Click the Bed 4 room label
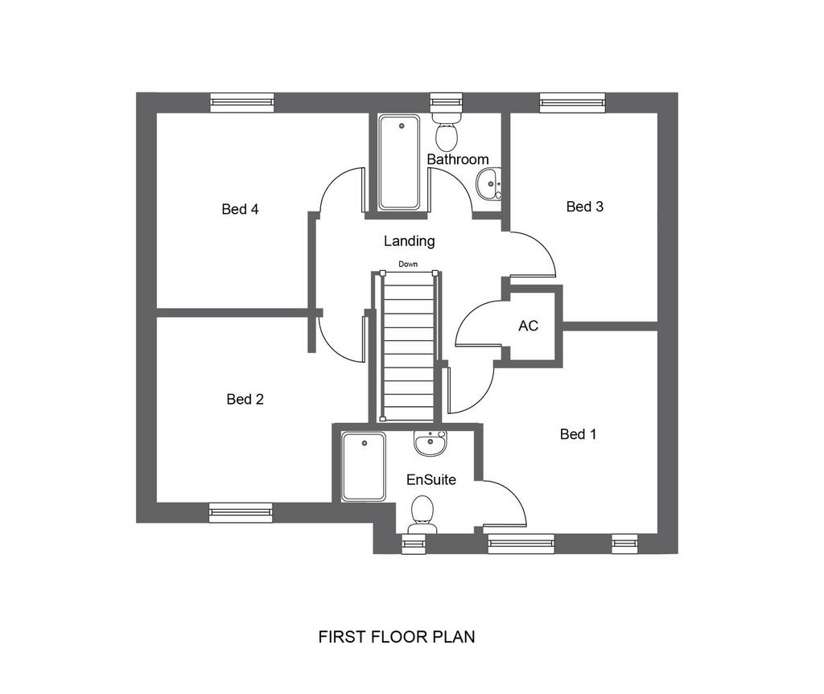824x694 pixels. coord(240,209)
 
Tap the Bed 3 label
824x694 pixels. coord(585,207)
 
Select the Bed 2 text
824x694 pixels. coord(245,400)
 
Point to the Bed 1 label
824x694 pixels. coord(578,434)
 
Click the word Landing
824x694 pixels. coord(410,241)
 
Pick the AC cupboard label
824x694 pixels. coord(528,326)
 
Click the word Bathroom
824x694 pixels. coord(458,159)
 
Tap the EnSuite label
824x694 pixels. coord(431,479)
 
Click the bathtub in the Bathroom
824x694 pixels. coord(399,162)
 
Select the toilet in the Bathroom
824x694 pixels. coord(447,129)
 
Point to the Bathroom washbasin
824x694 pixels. coord(488,184)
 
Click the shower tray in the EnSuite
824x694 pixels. coord(363,466)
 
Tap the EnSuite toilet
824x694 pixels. coord(422,515)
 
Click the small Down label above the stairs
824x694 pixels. coord(408,265)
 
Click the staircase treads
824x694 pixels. coord(408,347)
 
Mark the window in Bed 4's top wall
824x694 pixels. coord(242,102)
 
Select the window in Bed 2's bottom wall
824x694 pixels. coord(241,513)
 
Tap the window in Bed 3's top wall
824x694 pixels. coord(572,102)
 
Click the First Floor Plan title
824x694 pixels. coord(397,637)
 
